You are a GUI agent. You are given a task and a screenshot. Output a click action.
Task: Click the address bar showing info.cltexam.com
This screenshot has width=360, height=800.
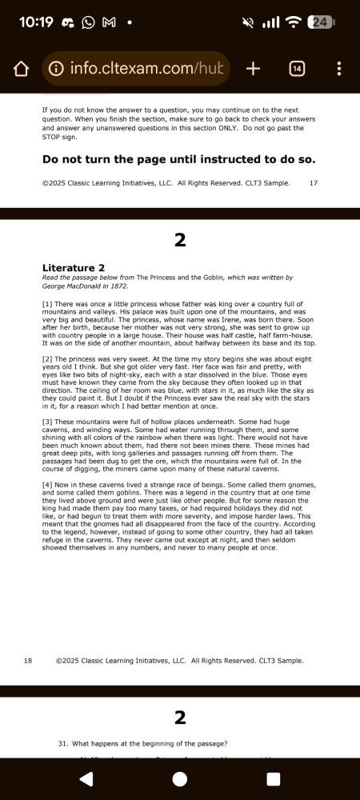tap(136, 69)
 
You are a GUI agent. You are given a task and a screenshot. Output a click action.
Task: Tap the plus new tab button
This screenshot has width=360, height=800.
tap(253, 69)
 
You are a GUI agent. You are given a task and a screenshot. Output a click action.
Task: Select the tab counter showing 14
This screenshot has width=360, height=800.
tap(297, 69)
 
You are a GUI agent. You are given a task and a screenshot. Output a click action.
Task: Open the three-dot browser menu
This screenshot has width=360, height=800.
tap(339, 69)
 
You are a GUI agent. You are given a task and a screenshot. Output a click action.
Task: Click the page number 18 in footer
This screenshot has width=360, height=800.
tap(28, 661)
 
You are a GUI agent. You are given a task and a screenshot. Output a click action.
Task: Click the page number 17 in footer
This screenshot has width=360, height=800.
tap(313, 183)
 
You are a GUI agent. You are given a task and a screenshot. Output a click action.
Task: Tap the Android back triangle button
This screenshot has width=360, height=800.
tap(86, 778)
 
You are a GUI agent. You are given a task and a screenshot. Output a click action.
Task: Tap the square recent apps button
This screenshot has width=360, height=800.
tap(273, 778)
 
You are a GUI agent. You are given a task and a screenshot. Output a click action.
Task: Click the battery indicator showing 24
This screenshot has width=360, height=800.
tap(320, 22)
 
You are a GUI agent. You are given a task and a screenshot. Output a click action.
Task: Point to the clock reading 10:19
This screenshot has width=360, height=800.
tap(35, 22)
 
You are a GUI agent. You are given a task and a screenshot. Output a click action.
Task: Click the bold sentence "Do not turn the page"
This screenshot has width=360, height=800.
tap(178, 159)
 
